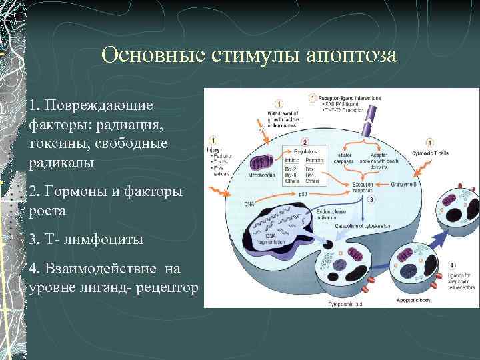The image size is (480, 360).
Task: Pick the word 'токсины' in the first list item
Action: [x=56, y=143]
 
